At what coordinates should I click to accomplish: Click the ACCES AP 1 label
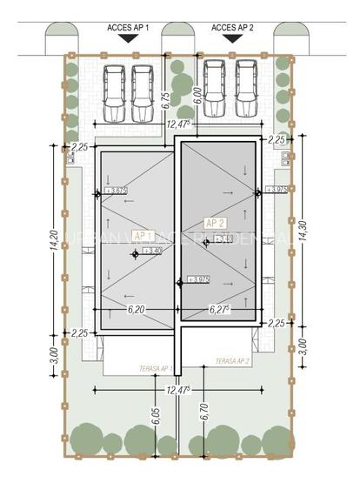(x=128, y=28)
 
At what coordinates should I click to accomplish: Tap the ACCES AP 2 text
(x=232, y=28)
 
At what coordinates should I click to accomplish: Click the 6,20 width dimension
(x=136, y=309)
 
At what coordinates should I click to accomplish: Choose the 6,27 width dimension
(x=218, y=309)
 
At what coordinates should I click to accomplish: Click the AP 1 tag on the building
(x=143, y=236)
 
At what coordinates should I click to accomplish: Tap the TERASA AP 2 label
(x=232, y=360)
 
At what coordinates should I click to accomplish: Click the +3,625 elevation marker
(x=116, y=190)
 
